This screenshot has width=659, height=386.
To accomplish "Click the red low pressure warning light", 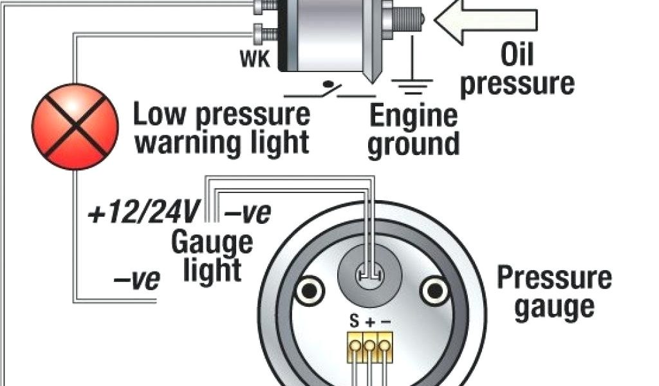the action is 75,126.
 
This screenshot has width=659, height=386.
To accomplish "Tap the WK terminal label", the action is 256,60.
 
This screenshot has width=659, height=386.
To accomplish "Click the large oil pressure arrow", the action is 485,19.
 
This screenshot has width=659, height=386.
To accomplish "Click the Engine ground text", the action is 414,130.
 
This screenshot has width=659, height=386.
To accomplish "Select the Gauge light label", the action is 212,256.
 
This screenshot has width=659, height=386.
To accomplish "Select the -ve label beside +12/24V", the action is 248,213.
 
